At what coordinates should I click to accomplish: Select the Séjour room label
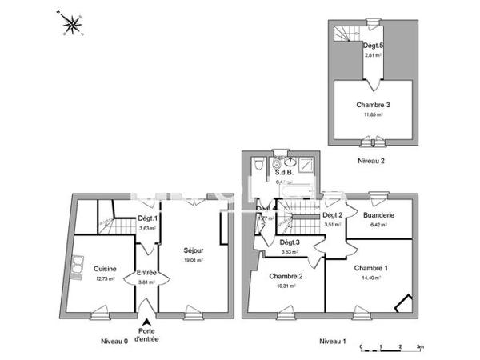[x=193, y=249]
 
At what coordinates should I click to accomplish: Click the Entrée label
[x=146, y=273]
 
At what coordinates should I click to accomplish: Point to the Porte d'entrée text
[x=147, y=335]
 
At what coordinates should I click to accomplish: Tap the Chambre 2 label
[x=286, y=277]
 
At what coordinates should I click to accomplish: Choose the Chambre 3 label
[x=372, y=105]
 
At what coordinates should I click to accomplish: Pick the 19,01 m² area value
[x=193, y=259]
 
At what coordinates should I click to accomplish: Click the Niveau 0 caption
[x=114, y=341]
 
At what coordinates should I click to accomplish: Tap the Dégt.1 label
[x=146, y=219]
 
